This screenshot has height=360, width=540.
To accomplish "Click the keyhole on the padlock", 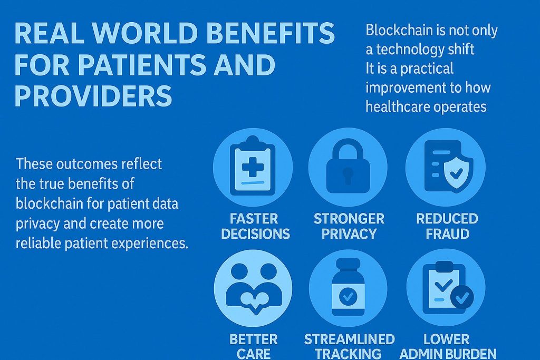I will pyautogui.click(x=348, y=174).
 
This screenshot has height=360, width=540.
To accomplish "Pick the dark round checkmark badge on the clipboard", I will pyautogui.click(x=462, y=298).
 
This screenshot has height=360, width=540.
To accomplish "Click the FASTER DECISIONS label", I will pyautogui.click(x=256, y=226).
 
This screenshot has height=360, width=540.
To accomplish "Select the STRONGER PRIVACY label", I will pyautogui.click(x=349, y=226).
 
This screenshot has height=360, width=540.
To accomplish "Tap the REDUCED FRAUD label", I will pyautogui.click(x=447, y=226).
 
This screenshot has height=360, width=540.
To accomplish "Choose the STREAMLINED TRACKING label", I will pyautogui.click(x=349, y=346).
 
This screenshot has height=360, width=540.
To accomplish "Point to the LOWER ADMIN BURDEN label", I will pyautogui.click(x=447, y=346).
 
